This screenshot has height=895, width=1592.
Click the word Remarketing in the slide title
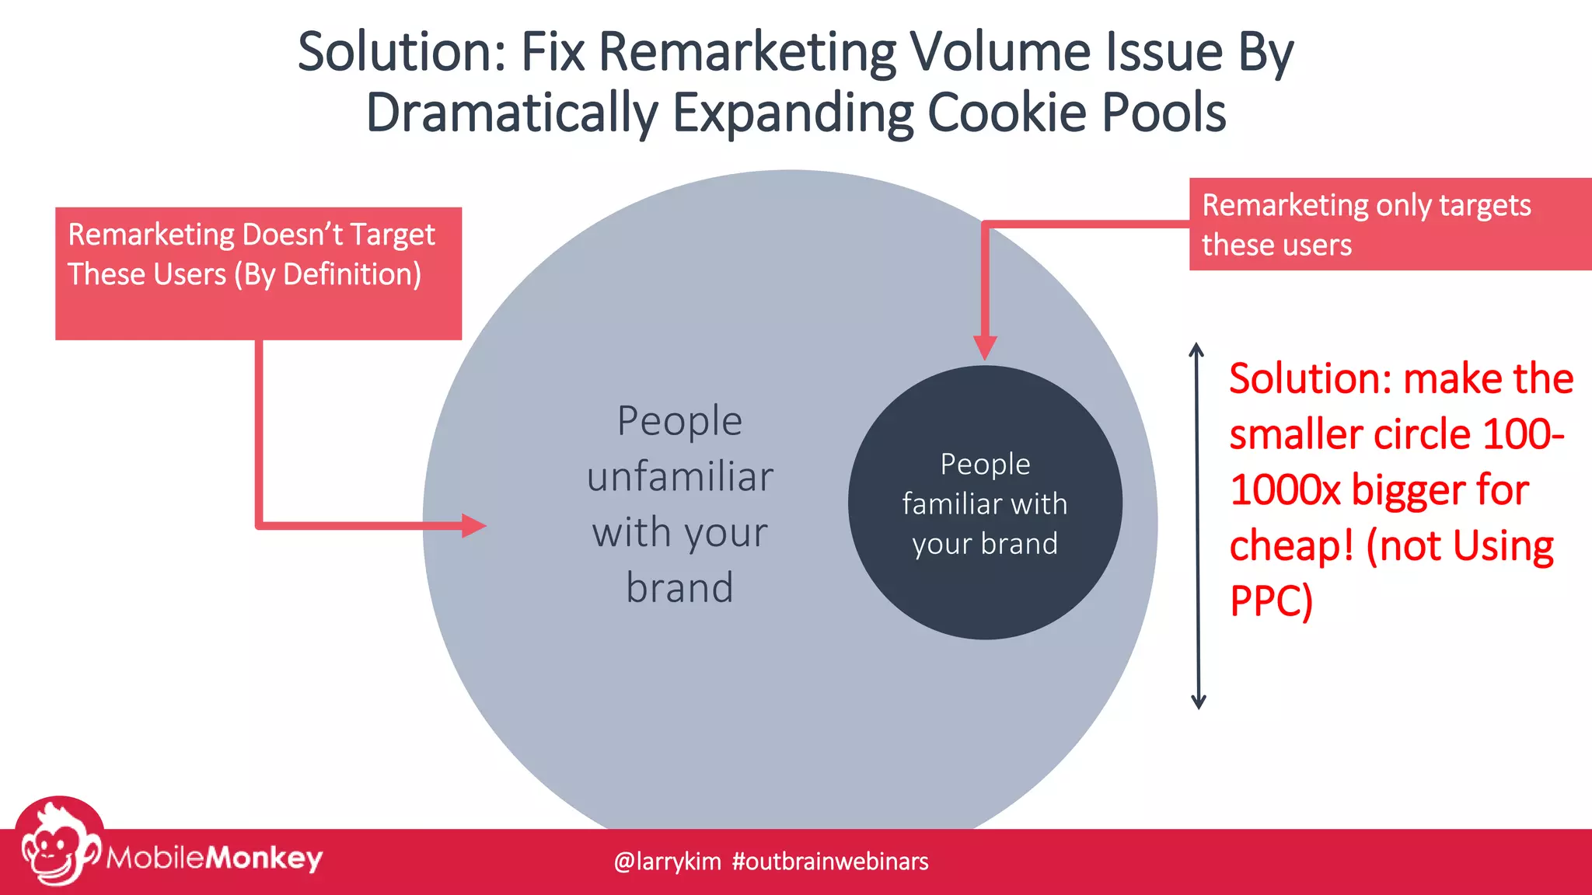point(746,53)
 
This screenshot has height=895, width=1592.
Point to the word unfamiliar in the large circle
point(679,477)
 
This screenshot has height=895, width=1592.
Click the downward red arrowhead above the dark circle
point(985,347)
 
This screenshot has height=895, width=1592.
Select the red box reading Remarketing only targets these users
point(1390,225)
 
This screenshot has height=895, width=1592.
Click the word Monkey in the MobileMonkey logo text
point(264,858)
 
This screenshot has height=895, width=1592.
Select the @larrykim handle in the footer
point(667,862)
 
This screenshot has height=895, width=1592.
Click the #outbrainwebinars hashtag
point(830,862)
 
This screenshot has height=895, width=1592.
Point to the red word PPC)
point(1271,601)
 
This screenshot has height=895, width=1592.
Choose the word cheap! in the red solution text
point(1291,546)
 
